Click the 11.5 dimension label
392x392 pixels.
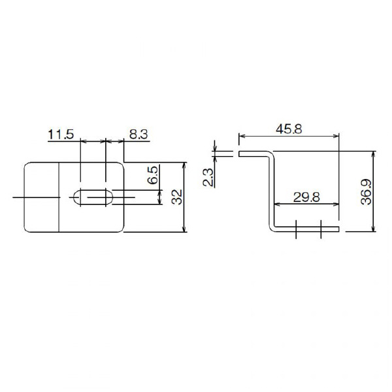coord(61,134)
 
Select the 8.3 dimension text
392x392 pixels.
coord(139,134)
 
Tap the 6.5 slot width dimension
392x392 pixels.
coord(153,175)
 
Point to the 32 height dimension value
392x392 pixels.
coord(177,197)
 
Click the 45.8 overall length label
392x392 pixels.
coord(289,129)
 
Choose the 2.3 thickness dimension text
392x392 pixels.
coord(208,178)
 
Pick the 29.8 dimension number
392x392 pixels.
coord(306,197)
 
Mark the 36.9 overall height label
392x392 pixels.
coord(367,192)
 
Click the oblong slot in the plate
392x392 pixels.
coord(93,197)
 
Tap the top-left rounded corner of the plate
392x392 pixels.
coord(26,165)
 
